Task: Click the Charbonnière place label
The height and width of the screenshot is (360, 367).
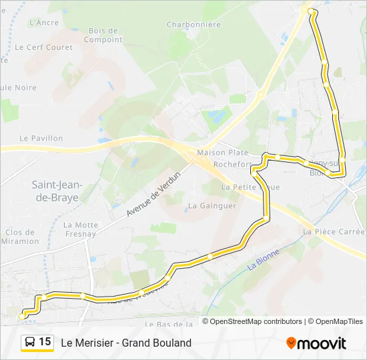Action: [x=194, y=25]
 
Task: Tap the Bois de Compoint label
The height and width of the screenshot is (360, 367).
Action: [x=103, y=35]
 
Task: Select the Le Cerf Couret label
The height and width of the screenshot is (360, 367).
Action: [x=43, y=47]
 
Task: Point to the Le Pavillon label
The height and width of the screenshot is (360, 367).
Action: [x=41, y=138]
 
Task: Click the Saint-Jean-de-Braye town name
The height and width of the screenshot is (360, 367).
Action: [x=55, y=189]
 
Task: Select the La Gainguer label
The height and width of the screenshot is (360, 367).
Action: [x=212, y=205]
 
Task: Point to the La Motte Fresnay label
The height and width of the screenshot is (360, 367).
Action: [x=81, y=229]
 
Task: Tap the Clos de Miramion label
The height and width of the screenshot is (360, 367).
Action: [x=21, y=237]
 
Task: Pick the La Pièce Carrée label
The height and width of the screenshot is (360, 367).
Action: [x=334, y=231]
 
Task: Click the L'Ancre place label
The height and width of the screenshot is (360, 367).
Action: [x=44, y=22]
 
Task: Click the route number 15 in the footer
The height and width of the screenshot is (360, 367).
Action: [x=45, y=342]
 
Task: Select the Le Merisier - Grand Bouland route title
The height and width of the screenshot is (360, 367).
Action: [x=126, y=343]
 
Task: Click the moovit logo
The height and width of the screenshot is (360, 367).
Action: [x=316, y=343]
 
